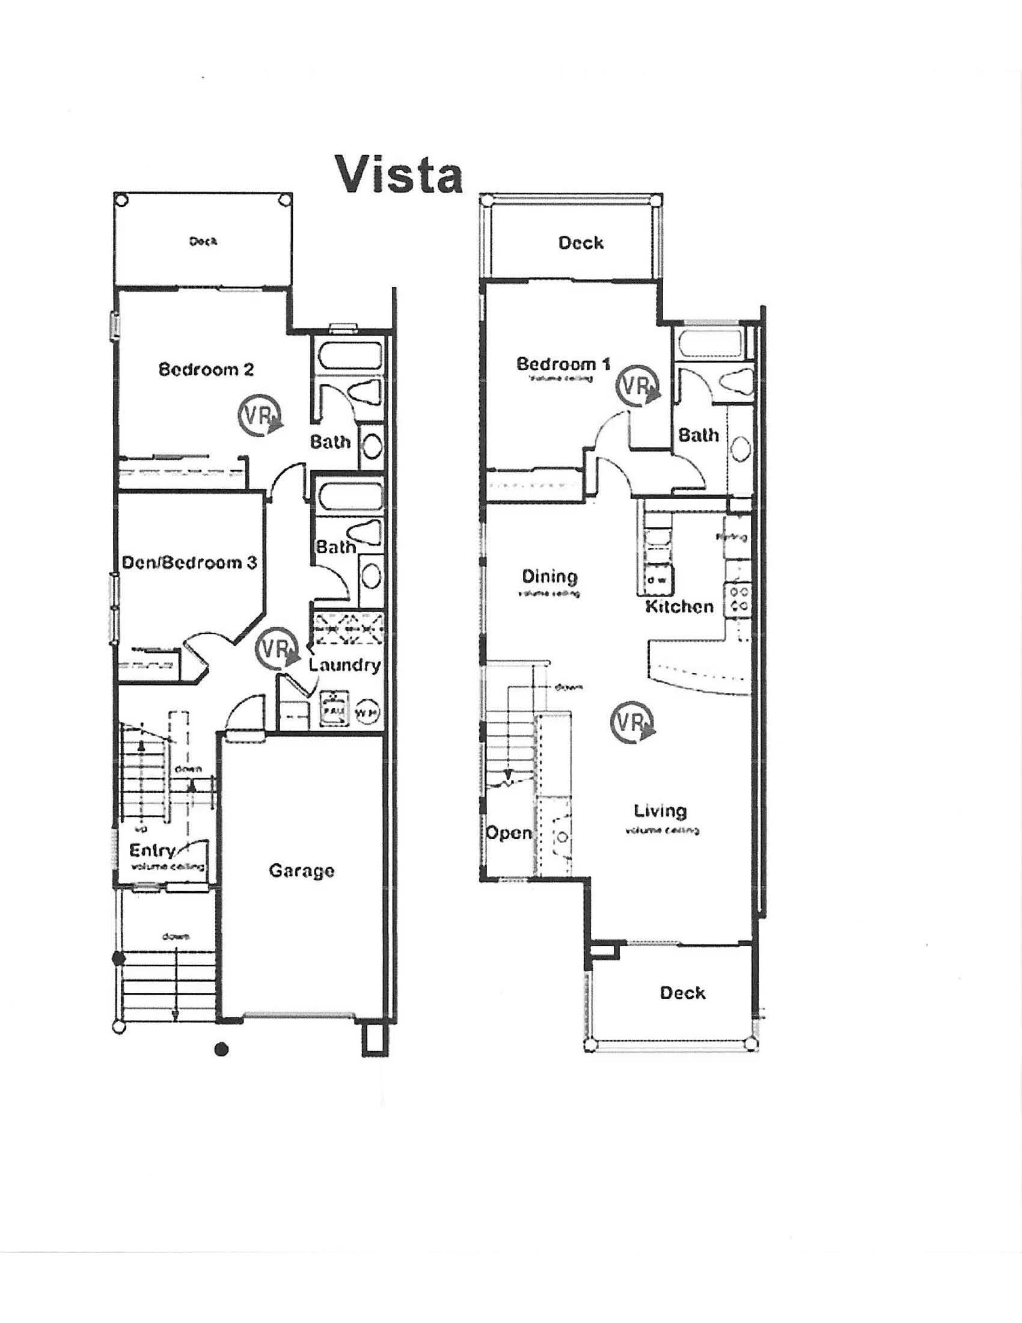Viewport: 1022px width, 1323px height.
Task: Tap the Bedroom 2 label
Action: pyautogui.click(x=206, y=369)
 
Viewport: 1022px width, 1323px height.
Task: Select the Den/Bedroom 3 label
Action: pyautogui.click(x=189, y=563)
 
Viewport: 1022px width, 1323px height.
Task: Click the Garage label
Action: pyautogui.click(x=302, y=871)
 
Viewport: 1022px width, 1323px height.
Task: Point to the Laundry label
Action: pyautogui.click(x=344, y=665)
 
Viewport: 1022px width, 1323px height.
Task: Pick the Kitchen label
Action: pyautogui.click(x=679, y=606)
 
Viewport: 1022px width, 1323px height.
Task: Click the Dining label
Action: pyautogui.click(x=549, y=576)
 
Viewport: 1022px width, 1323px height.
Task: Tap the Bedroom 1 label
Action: pyautogui.click(x=563, y=364)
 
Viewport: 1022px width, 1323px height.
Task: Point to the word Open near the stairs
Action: pyautogui.click(x=509, y=833)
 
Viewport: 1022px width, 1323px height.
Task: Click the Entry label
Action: pyautogui.click(x=153, y=850)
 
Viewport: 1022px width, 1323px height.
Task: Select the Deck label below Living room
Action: pyautogui.click(x=682, y=993)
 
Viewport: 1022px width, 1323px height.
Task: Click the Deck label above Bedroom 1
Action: pyautogui.click(x=581, y=243)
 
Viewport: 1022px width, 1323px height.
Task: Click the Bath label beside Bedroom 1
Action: pyautogui.click(x=698, y=435)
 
